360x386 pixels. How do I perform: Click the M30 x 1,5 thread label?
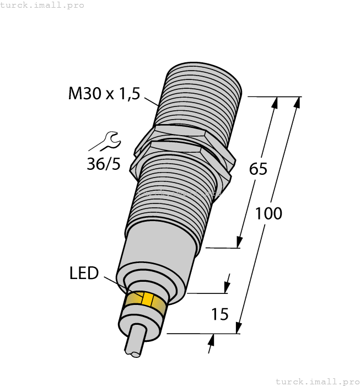pos(104,94)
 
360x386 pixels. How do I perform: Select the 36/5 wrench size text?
pos(103,164)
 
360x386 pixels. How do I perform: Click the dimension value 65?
pos(258,169)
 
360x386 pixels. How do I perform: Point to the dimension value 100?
pos(268,213)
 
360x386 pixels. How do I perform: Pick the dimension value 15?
pos(220,315)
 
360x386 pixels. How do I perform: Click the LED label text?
pos(84,273)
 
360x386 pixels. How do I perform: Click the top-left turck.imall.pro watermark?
pos(42,5)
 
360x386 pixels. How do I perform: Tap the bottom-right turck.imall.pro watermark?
pos(316,381)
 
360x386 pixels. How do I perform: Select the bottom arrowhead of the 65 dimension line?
pos(240,242)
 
